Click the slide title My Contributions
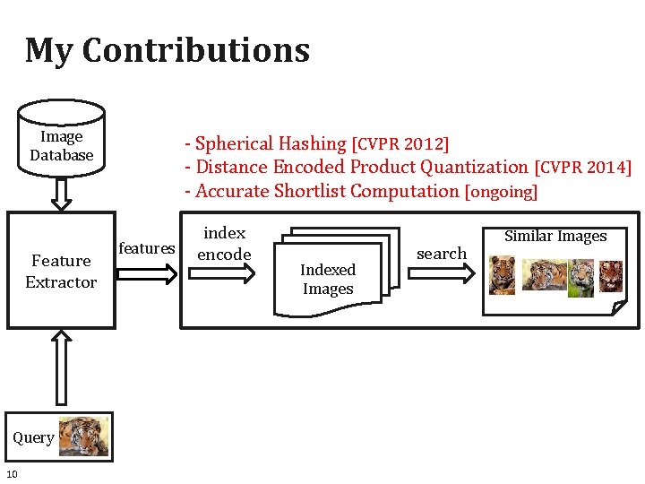[x=168, y=51]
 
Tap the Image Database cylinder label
[x=62, y=146]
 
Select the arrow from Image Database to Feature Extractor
[x=61, y=193]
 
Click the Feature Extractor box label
[x=61, y=271]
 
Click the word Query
[x=33, y=437]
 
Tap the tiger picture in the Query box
[x=84, y=436]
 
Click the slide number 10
[x=12, y=473]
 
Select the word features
[x=147, y=248]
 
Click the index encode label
[x=224, y=244]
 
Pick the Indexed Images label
[x=328, y=279]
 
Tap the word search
[x=442, y=254]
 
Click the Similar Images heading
[x=555, y=237]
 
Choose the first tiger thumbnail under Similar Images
[x=503, y=275]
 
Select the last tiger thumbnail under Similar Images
[x=610, y=275]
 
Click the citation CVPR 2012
[x=400, y=143]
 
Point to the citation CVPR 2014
[x=582, y=168]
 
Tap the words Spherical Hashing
[x=271, y=143]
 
